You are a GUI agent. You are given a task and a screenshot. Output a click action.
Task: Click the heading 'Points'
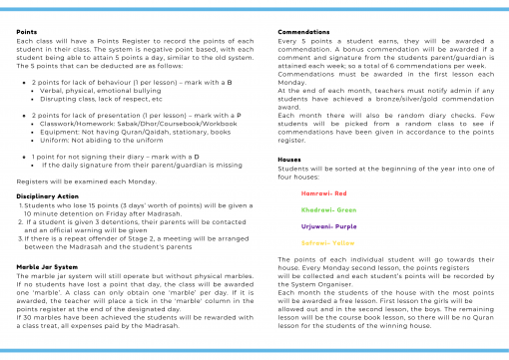tap(27, 33)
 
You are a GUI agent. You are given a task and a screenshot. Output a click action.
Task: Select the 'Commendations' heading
tap(303, 33)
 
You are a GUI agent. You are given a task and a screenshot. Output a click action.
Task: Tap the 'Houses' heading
tap(289, 159)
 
